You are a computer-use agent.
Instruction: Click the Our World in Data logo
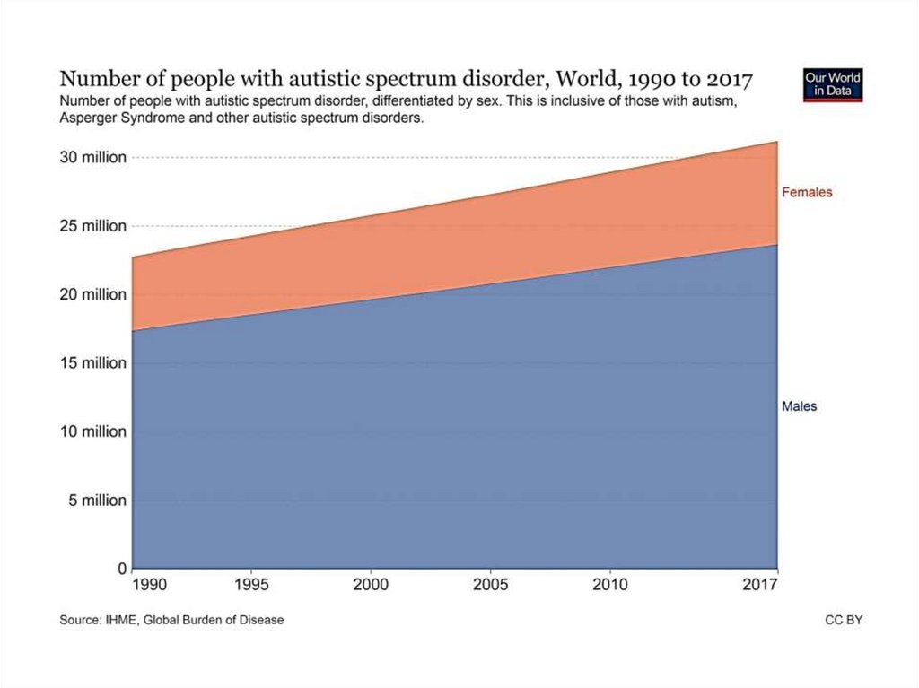(x=833, y=85)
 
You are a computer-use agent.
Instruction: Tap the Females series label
(x=807, y=192)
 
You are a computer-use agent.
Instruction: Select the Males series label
(x=799, y=406)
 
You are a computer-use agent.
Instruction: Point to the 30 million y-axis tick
(x=93, y=158)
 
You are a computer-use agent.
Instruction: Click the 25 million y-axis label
(x=93, y=226)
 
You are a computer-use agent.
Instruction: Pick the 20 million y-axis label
(x=93, y=294)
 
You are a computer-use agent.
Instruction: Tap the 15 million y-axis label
(x=93, y=363)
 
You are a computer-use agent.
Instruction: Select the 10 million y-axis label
(x=93, y=431)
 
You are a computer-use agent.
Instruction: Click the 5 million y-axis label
(x=97, y=501)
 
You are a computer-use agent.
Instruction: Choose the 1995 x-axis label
(x=252, y=586)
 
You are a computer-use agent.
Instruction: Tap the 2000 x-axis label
(x=372, y=586)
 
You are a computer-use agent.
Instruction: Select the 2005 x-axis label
(x=491, y=586)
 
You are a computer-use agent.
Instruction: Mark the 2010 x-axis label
(x=610, y=586)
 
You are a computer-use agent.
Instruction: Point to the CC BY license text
(x=844, y=620)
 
